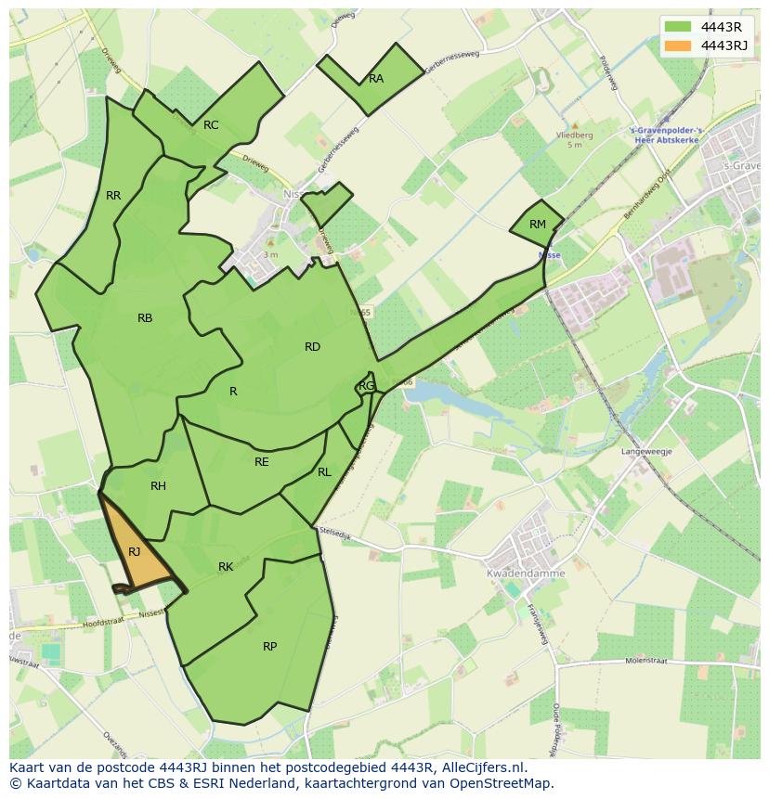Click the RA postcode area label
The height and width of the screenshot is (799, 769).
(376, 79)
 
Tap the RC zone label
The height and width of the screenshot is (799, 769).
(211, 125)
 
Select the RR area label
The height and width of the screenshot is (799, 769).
(113, 196)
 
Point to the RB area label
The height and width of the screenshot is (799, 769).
(145, 318)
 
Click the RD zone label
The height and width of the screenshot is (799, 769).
(312, 347)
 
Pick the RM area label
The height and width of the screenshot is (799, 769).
(538, 225)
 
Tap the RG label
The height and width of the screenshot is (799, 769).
(367, 386)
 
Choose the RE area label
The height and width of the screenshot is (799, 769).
(262, 462)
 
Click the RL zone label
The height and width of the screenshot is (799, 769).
(324, 472)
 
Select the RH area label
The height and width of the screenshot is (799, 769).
(158, 486)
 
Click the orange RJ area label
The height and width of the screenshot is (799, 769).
(135, 552)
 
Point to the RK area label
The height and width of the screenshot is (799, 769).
(226, 567)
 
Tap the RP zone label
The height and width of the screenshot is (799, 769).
(269, 647)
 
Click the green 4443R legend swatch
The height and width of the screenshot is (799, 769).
(679, 27)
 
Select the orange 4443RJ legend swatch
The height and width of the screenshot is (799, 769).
(679, 45)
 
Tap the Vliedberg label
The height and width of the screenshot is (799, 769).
(574, 135)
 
